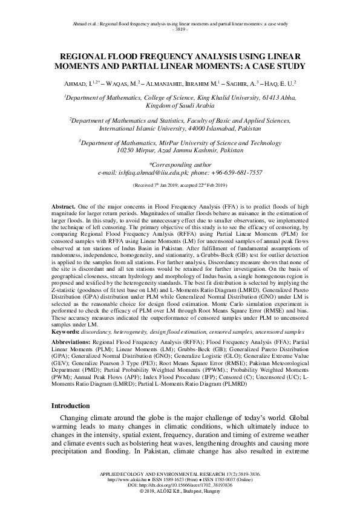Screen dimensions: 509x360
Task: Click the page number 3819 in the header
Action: pos(180,28)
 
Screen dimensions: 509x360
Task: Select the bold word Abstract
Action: pos(64,206)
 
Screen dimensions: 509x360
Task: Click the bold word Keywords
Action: pos(66,331)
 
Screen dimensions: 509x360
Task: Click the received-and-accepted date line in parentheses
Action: pos(180,184)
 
